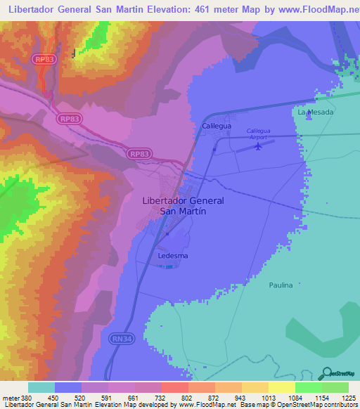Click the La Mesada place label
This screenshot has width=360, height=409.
pyautogui.click(x=314, y=112)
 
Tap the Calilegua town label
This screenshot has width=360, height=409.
pyautogui.click(x=217, y=126)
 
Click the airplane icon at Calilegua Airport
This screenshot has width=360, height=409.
pyautogui.click(x=259, y=146)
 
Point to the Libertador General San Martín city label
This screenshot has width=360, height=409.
pyautogui.click(x=183, y=205)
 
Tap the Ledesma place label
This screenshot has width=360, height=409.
pyautogui.click(x=172, y=256)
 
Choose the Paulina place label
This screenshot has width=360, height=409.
pyautogui.click(x=261, y=285)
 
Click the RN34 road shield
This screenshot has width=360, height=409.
pyautogui.click(x=120, y=338)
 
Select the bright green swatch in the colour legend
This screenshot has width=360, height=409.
pyautogui.click(x=309, y=387)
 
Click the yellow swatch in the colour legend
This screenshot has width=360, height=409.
pyautogui.click(x=281, y=387)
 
